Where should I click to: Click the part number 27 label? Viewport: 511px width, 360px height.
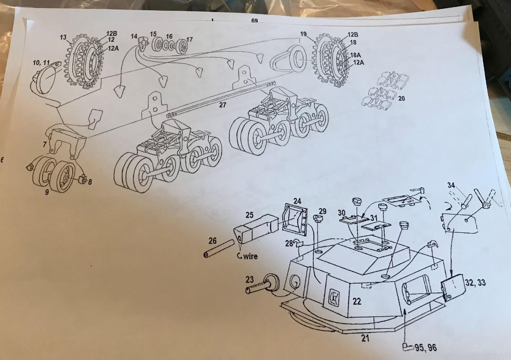(x=222, y=105)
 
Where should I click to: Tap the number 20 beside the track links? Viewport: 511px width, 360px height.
(x=402, y=98)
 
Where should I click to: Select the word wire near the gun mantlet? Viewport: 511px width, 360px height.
(x=250, y=256)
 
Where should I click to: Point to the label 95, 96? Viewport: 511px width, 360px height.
(x=426, y=348)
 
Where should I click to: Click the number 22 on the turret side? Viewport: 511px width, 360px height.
(x=357, y=301)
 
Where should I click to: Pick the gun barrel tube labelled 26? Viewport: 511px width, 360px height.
(x=219, y=249)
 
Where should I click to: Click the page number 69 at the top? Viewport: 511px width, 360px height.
(x=254, y=21)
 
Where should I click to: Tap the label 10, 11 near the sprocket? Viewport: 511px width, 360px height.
(x=41, y=62)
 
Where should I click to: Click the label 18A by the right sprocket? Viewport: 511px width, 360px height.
(x=355, y=55)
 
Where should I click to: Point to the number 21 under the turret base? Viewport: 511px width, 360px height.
(x=365, y=338)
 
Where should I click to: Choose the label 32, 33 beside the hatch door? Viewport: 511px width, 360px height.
(x=475, y=282)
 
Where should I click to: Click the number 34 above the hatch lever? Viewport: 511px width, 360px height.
(x=451, y=185)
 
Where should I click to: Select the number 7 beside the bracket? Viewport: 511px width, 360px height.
(x=44, y=144)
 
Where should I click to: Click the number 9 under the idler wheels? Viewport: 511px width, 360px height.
(x=47, y=192)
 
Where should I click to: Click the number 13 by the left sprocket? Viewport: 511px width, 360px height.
(x=63, y=37)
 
